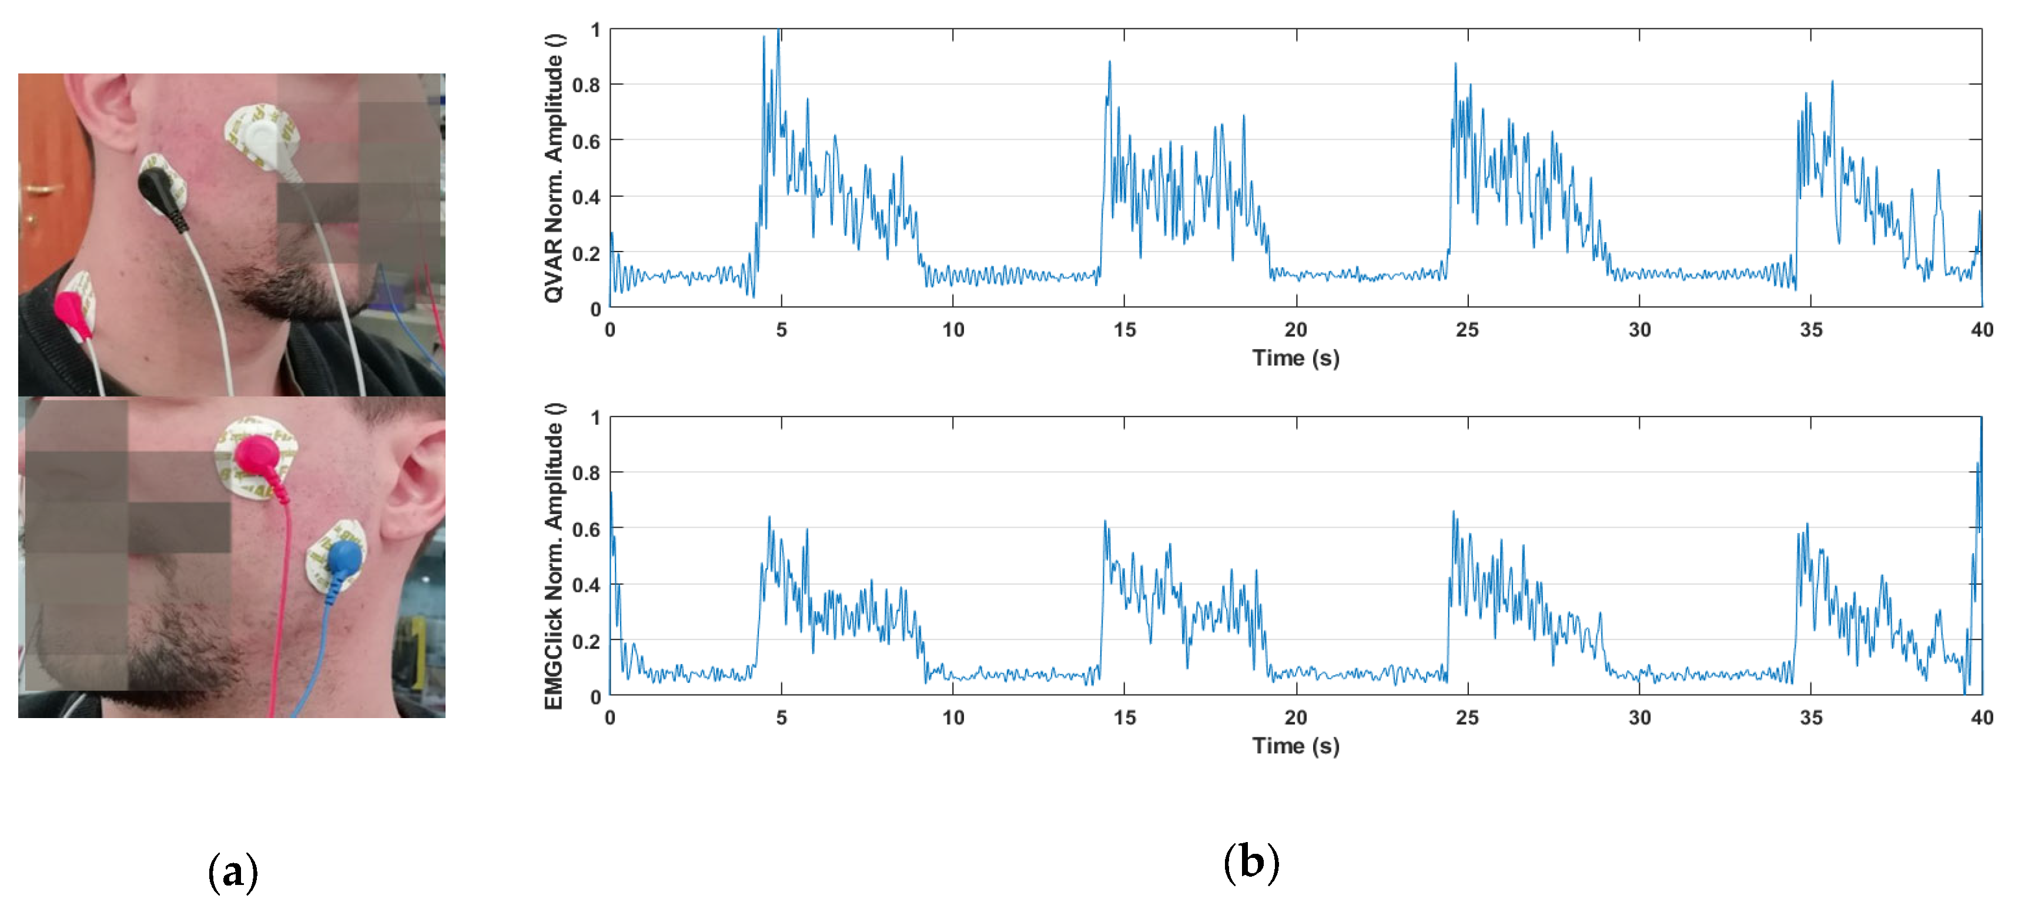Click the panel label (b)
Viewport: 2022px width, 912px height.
point(1251,863)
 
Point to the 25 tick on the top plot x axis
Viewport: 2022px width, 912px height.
point(1467,330)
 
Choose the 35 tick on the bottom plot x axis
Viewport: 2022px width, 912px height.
point(1811,717)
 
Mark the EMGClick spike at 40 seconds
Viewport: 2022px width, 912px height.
point(1980,424)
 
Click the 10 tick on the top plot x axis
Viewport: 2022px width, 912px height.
point(953,330)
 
